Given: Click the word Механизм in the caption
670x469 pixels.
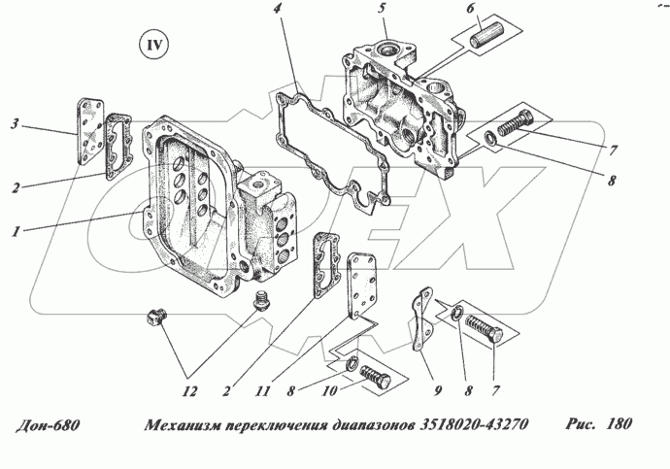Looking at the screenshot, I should click(182, 425).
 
